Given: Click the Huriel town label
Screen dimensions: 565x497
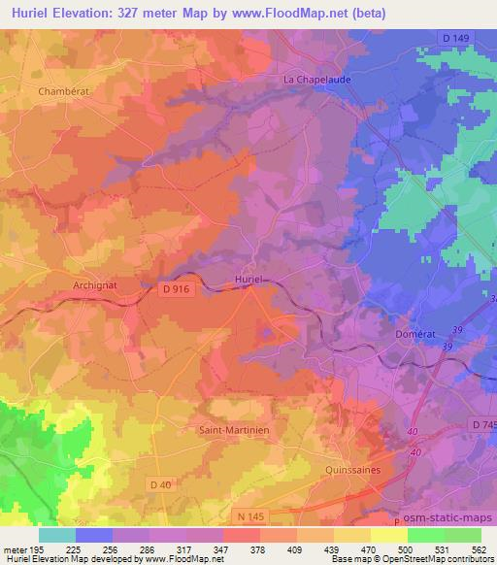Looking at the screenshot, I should click(250, 280).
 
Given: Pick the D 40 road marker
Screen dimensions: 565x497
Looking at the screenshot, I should click(161, 483).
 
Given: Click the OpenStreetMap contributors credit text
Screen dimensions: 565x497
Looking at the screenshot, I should click(436, 559).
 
